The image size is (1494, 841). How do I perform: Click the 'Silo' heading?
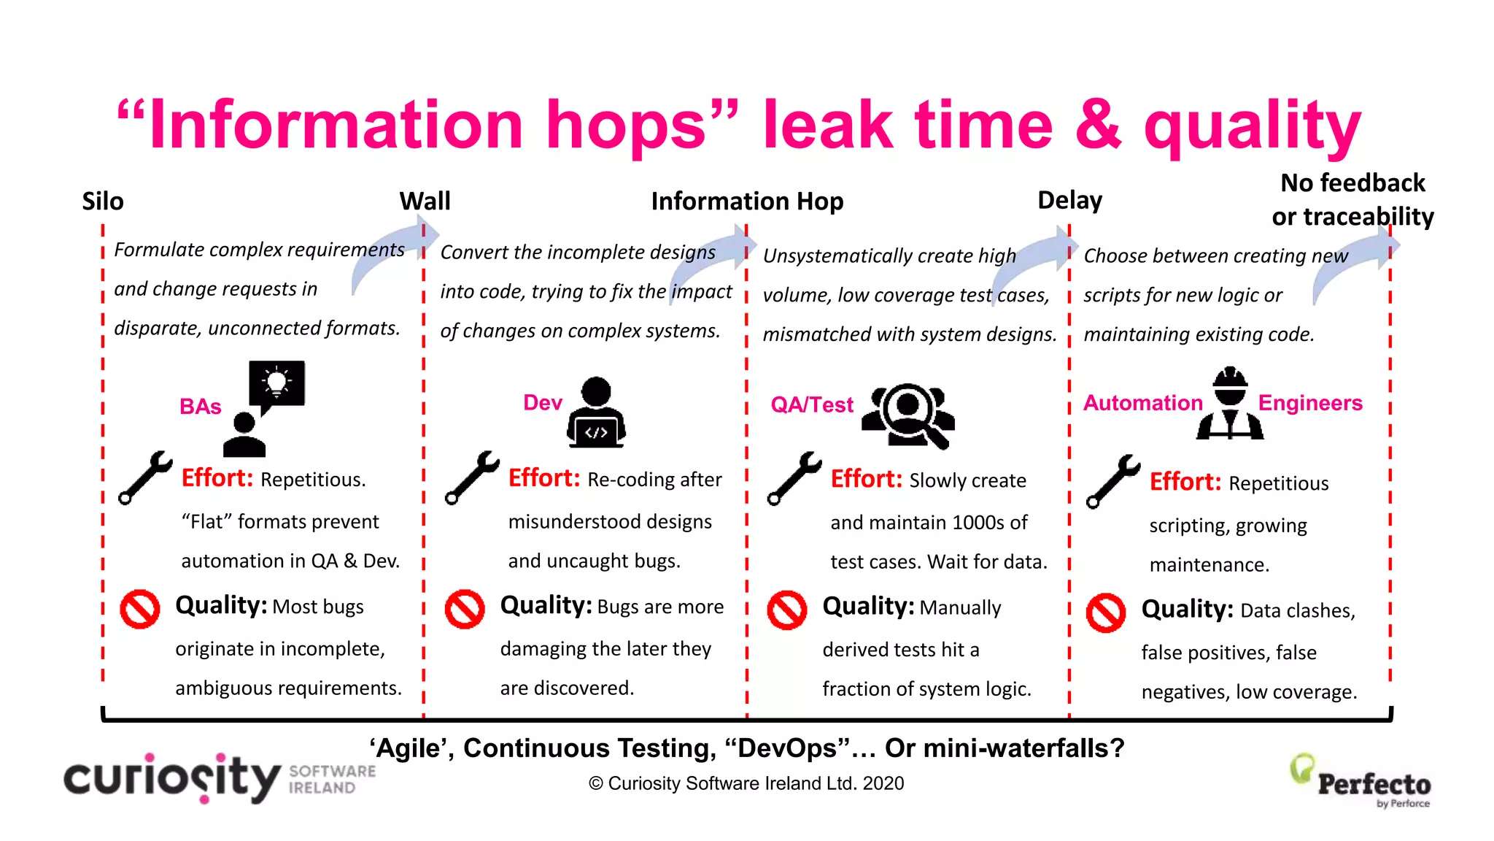tap(103, 201)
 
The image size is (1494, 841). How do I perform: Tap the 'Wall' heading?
tap(425, 201)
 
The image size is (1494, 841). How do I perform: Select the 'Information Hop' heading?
tap(747, 201)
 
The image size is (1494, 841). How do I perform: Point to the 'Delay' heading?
tap(1069, 200)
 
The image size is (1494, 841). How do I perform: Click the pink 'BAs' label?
tap(200, 407)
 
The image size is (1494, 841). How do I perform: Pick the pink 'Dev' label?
tap(543, 403)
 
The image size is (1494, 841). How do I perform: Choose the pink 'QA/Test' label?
tap(812, 405)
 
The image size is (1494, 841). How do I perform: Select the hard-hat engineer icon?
tap(1230, 404)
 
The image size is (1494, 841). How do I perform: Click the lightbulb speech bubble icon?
tap(276, 384)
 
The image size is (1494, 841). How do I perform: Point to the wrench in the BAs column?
tap(146, 477)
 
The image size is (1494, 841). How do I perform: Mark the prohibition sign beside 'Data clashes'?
tap(1106, 612)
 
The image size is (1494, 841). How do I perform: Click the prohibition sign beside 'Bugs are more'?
tap(465, 609)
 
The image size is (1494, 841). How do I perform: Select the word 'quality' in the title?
tap(1252, 128)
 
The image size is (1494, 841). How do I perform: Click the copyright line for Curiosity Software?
tap(746, 783)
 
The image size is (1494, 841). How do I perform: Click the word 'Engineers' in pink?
tap(1310, 403)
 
